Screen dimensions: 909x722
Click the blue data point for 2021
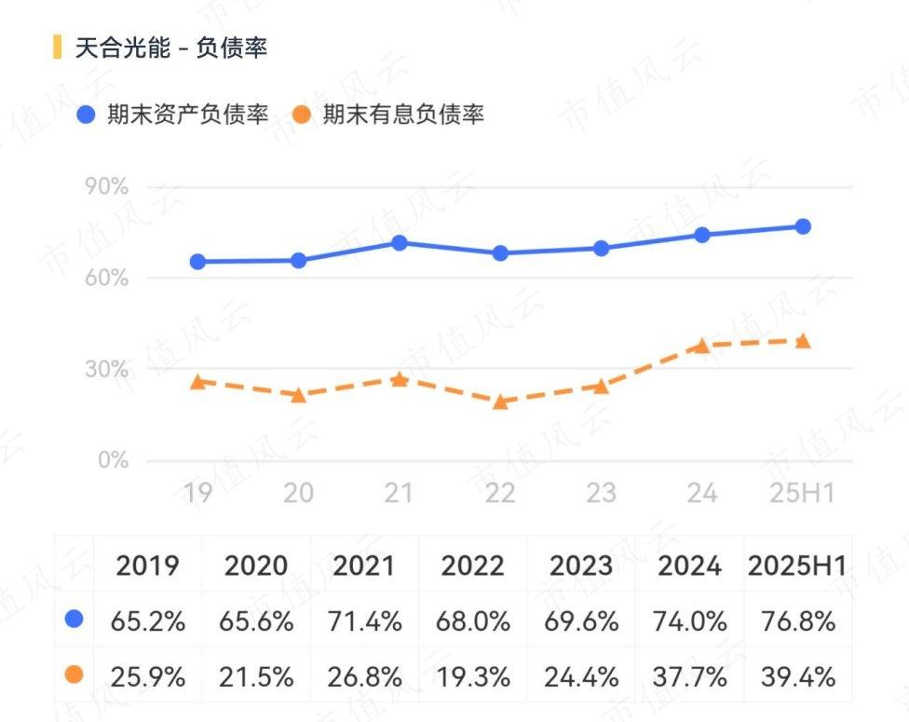[400, 243]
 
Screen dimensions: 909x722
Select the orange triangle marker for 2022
[500, 402]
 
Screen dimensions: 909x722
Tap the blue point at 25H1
[803, 226]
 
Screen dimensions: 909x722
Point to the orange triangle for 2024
[702, 346]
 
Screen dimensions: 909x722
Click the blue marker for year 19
[197, 262]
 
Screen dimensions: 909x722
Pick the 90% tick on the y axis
[106, 186]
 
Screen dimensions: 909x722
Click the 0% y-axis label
[113, 460]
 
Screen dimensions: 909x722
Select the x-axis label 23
[601, 493]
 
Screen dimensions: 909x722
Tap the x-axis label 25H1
[802, 493]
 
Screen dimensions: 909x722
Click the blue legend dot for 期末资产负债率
[86, 115]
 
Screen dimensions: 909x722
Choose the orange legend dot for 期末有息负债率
[302, 115]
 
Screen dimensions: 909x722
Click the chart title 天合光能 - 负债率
[171, 47]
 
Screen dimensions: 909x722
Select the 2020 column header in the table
[256, 565]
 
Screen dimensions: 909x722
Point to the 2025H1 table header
[797, 565]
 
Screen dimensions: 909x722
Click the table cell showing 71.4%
[365, 621]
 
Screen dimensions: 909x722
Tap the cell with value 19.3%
[473, 676]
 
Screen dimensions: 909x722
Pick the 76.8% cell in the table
[798, 621]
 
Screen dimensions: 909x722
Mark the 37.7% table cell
[690, 676]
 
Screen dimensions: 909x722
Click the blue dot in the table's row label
[74, 619]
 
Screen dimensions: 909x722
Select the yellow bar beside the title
[57, 47]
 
